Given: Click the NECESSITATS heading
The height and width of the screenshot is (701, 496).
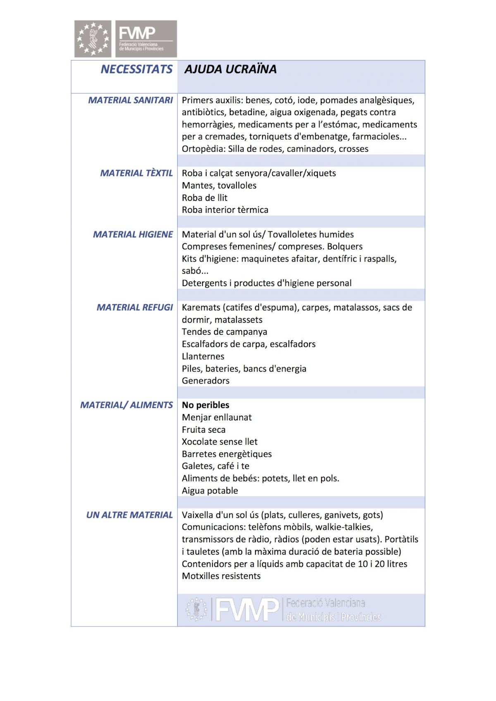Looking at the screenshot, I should pos(136,69).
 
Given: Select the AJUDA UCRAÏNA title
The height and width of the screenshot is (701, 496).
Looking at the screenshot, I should pos(230,69).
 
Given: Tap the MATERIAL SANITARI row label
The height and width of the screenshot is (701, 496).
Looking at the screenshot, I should pos(130,100).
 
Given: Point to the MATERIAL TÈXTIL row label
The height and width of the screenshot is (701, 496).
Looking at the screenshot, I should pos(136,173).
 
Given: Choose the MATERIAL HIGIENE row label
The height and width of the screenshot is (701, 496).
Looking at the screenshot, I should pos(133,234).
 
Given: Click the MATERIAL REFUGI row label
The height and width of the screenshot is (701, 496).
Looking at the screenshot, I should pos(134,308).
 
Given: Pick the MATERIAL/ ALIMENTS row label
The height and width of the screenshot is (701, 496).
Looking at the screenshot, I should pos(126,405).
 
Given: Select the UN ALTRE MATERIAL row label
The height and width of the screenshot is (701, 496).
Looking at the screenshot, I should pos(129,515).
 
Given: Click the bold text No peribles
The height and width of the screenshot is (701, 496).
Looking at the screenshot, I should pos(205,405).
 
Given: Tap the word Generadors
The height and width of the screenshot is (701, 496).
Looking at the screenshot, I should pos(205,381).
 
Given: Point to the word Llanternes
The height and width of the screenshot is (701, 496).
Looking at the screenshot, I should pos(203,356).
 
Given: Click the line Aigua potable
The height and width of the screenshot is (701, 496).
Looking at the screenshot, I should pos(210,491).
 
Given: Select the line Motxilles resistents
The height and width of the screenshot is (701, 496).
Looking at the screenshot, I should pos(221,576).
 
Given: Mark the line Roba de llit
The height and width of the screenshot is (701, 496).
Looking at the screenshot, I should pos(205,198).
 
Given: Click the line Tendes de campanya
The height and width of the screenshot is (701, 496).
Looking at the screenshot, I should pos(224,332).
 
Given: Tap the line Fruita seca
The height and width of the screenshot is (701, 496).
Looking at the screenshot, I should pos(203,429).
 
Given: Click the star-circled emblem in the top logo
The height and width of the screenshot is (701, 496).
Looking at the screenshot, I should pos(93,39).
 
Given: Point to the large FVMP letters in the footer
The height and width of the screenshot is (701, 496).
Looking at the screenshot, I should pos(247,610).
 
